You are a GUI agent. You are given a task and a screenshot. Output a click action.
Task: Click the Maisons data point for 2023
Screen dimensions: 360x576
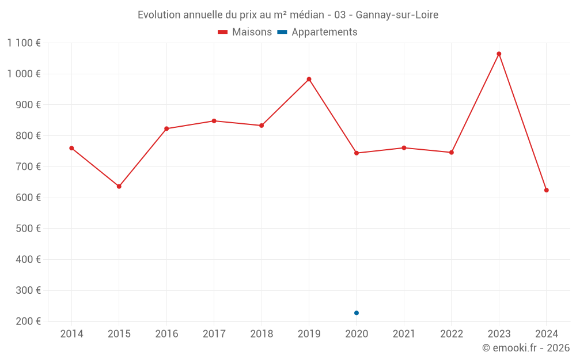(499, 54)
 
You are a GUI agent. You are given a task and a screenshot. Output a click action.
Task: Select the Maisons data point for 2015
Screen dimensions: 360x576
(119, 187)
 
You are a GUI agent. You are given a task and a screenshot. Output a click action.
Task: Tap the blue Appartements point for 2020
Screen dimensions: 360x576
(357, 313)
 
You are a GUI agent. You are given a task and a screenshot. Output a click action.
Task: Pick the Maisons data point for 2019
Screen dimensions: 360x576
(309, 79)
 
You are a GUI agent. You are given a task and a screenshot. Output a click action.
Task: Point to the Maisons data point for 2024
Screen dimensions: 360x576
(546, 190)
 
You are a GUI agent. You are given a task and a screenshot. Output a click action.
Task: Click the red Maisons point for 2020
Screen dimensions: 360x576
(357, 153)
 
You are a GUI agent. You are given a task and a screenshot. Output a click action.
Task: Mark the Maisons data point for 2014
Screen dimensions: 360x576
(71, 148)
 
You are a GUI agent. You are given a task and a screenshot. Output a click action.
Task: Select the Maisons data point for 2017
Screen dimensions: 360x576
(214, 121)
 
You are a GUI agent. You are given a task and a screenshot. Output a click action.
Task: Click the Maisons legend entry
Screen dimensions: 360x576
(245, 32)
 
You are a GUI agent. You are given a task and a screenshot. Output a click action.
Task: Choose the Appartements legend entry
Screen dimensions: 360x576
(317, 32)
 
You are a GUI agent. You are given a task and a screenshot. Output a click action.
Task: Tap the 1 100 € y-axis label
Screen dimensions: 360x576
(24, 43)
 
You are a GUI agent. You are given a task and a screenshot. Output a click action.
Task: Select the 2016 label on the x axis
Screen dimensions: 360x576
(166, 334)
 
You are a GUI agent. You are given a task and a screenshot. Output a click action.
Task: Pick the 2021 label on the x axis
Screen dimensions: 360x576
(404, 334)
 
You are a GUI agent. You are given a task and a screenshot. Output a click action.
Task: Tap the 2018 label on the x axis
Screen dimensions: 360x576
(262, 334)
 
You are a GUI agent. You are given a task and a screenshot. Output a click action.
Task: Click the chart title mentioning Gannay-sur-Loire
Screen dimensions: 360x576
(288, 15)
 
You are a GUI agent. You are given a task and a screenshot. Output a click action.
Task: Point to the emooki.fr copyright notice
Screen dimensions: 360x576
(525, 348)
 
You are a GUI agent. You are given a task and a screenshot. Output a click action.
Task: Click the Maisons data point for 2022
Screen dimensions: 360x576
(452, 153)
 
